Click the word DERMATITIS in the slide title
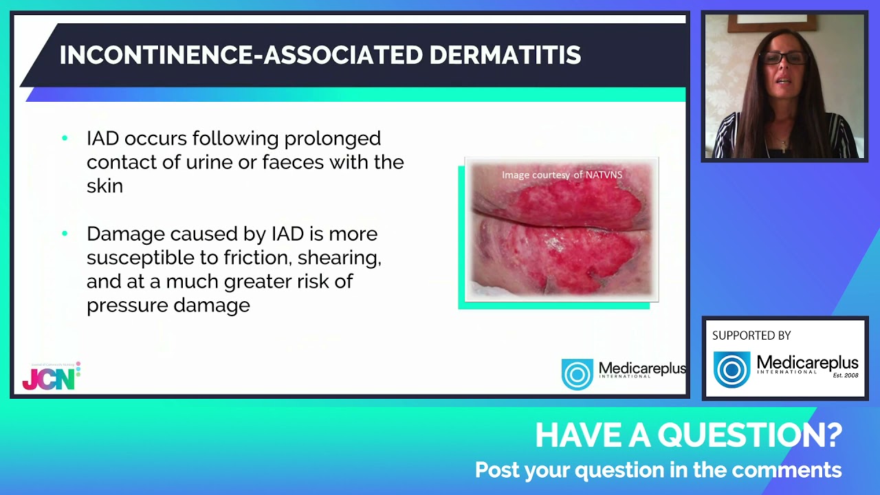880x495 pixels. click(x=505, y=54)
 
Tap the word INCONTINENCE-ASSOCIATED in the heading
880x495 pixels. click(x=241, y=54)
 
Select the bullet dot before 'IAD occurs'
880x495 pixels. click(x=65, y=138)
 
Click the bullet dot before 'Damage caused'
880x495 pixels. click(x=65, y=233)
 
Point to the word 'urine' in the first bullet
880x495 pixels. click(x=209, y=162)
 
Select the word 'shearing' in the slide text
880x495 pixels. click(x=340, y=258)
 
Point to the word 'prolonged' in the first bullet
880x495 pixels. click(x=332, y=139)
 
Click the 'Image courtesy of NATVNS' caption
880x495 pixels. click(x=562, y=175)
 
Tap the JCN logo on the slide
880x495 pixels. click(x=51, y=376)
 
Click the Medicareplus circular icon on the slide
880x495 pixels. click(x=577, y=374)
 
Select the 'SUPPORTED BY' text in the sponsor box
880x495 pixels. click(x=751, y=335)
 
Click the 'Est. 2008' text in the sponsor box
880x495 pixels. click(x=846, y=375)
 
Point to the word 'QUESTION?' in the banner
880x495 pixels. click(x=750, y=435)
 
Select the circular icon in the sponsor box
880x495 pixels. click(x=731, y=369)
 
